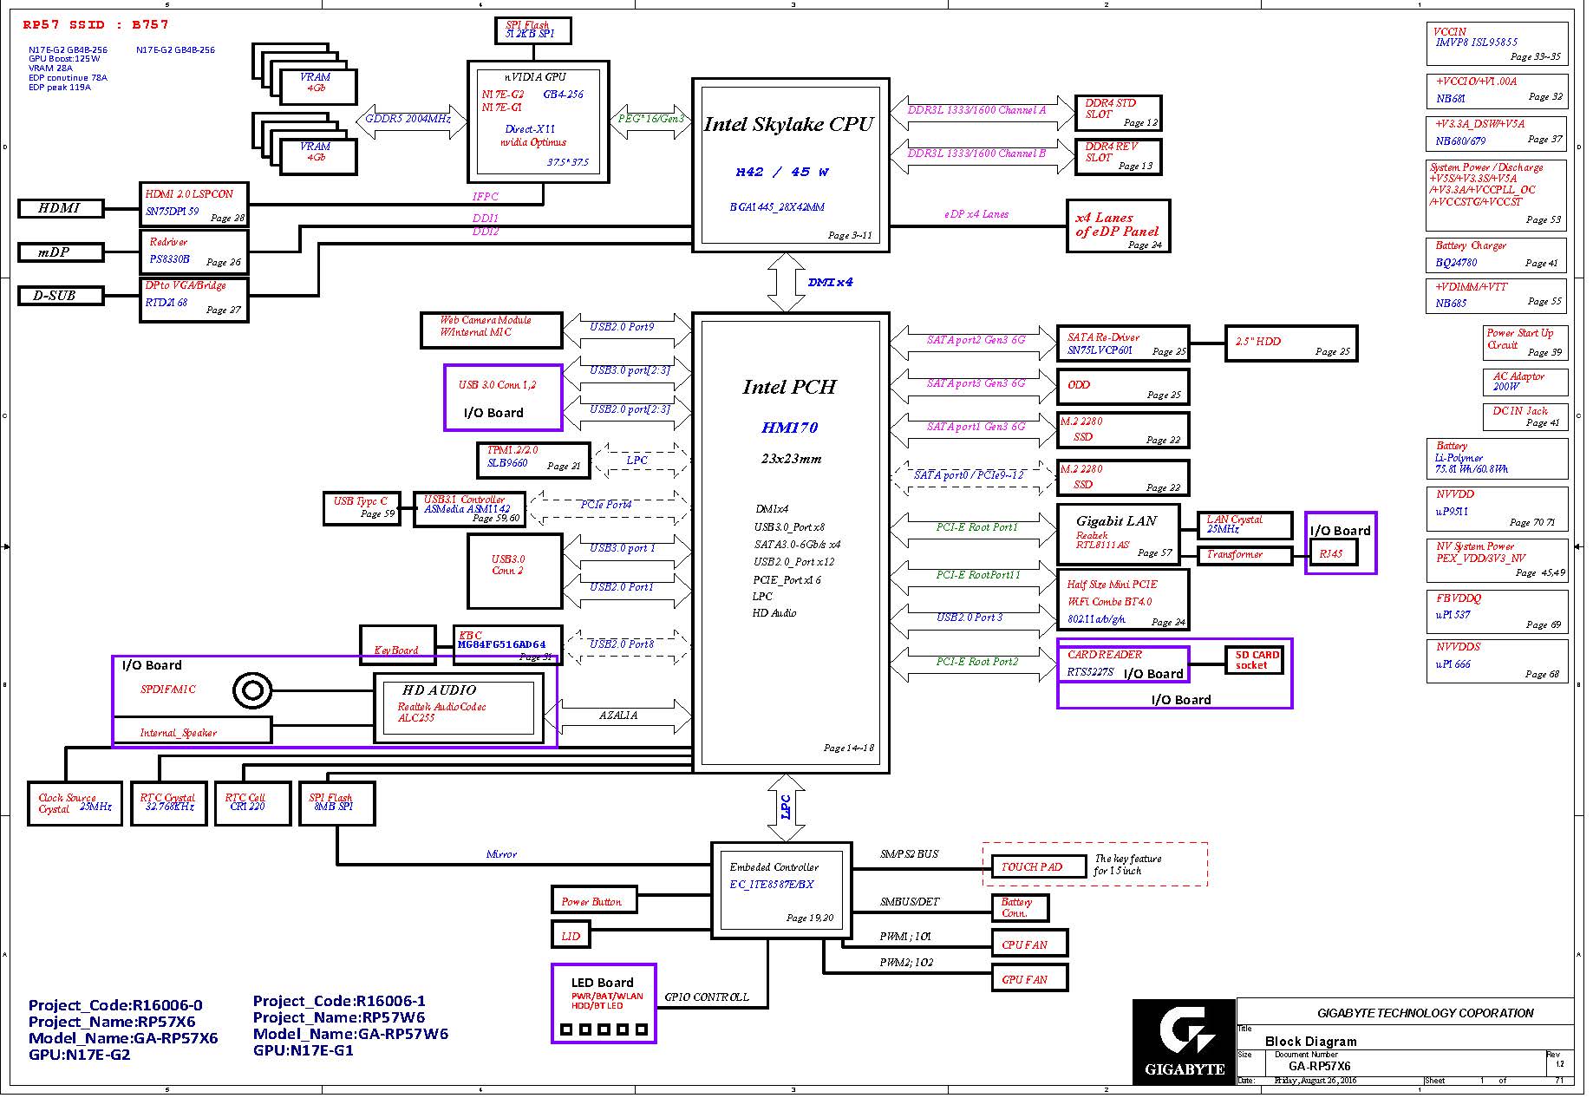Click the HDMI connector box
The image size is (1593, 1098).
pyautogui.click(x=61, y=208)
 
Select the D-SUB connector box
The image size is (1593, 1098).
pyautogui.click(x=61, y=296)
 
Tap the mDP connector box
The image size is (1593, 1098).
pyautogui.click(x=61, y=252)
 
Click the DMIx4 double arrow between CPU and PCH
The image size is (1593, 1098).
pyautogui.click(x=787, y=283)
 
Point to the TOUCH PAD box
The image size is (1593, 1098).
pyautogui.click(x=1039, y=866)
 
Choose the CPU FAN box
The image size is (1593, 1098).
pyautogui.click(x=1029, y=944)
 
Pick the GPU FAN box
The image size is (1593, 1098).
pyautogui.click(x=1029, y=979)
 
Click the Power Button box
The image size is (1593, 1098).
pyautogui.click(x=594, y=901)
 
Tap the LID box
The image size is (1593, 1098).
pyautogui.click(x=571, y=936)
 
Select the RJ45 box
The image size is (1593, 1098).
pyautogui.click(x=1331, y=553)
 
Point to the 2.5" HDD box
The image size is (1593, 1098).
pyautogui.click(x=1290, y=343)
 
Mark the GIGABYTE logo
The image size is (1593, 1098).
pyautogui.click(x=1184, y=1042)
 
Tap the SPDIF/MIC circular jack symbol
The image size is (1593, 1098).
pyautogui.click(x=252, y=690)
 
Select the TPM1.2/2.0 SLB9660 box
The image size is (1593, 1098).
pyautogui.click(x=533, y=461)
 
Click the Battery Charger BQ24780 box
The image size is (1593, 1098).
pyautogui.click(x=1497, y=255)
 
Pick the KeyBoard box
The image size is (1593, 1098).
pyautogui.click(x=397, y=646)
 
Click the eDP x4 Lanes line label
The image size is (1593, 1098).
pyautogui.click(x=976, y=214)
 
